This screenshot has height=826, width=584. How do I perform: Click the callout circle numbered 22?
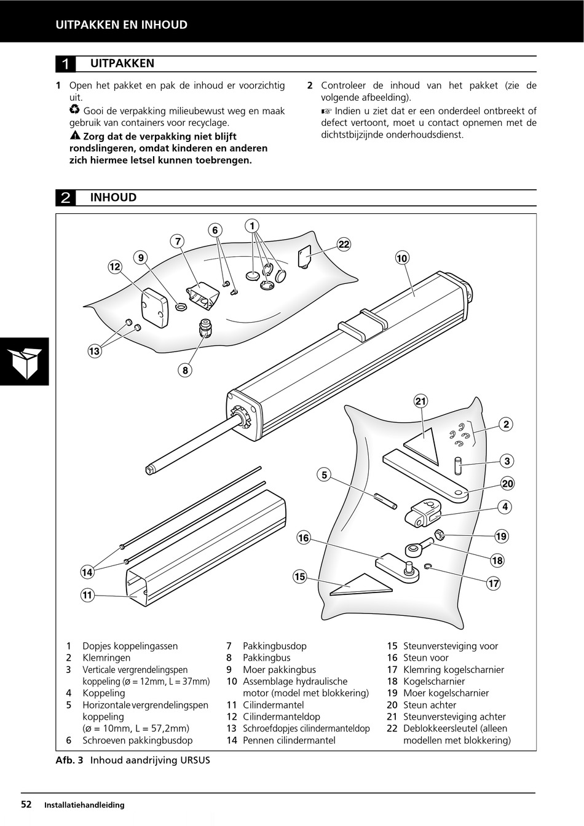coord(344,245)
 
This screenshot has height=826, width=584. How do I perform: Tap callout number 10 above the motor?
coord(401,259)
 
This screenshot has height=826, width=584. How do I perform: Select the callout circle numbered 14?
coord(87,572)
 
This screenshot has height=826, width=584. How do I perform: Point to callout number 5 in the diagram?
coord(324,474)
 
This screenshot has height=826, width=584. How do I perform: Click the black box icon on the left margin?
coord(25,361)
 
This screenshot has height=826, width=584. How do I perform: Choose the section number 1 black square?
coord(66,64)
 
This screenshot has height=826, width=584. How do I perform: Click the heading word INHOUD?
coord(113,197)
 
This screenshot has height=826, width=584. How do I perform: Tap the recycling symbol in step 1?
coord(74,111)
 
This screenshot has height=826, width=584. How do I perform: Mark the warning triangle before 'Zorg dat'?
coord(74,136)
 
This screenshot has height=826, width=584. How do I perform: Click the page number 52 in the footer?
coord(26,804)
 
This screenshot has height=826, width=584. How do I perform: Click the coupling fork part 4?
coord(425,512)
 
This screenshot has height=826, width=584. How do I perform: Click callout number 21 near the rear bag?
coord(420,402)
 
